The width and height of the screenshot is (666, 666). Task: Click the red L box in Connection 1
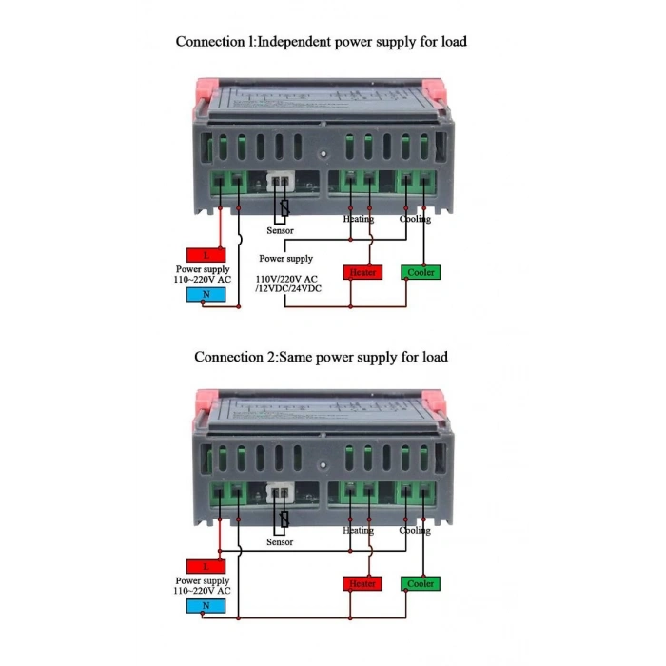coord(206,254)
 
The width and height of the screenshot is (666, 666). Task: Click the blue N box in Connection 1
coord(206,294)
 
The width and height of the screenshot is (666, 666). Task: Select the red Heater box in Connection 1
coord(362,272)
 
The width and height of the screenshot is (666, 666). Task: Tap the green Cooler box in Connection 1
coord(420,272)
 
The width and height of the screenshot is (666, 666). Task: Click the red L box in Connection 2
coord(206,565)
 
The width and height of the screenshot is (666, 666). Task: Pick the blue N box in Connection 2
coord(206,605)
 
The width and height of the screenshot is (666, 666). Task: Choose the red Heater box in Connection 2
coord(362,583)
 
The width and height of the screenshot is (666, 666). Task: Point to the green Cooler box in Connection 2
coord(420,583)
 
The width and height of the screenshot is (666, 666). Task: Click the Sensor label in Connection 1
coord(280,231)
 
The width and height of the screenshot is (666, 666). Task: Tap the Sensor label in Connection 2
coord(280,542)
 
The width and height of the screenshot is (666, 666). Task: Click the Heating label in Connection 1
coord(359,219)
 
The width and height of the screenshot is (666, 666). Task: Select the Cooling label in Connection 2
coord(415,530)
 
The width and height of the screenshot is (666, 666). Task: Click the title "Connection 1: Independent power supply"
coord(321,42)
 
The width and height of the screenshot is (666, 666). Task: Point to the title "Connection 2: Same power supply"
coord(321,357)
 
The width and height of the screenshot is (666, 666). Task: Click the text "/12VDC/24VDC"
coord(288,287)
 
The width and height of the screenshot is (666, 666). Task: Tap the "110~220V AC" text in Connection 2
coord(202,591)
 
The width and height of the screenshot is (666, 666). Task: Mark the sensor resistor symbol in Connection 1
coord(284,206)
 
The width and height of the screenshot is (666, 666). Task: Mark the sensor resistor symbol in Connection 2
coord(284,519)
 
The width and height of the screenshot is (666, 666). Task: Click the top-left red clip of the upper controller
coord(207,87)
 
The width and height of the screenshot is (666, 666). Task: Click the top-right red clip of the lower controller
coord(434,398)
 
